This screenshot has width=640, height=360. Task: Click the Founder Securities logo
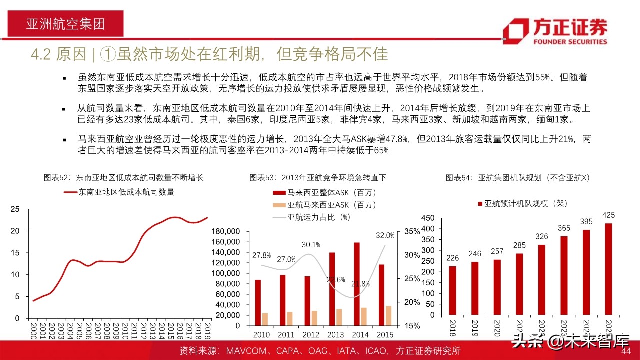pyautogui.click(x=555, y=31)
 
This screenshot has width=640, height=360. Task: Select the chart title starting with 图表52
pyautogui.click(x=124, y=177)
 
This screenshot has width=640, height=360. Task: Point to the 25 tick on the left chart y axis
pyautogui.click(x=15, y=209)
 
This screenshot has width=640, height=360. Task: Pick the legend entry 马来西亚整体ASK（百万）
pyautogui.click(x=324, y=192)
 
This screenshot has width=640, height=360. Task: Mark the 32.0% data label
pyautogui.click(x=385, y=235)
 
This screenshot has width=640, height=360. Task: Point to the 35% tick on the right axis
pyautogui.click(x=412, y=231)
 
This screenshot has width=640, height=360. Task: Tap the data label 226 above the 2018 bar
pyautogui.click(x=452, y=258)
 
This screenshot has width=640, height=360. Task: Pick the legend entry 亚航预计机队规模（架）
pyautogui.click(x=523, y=203)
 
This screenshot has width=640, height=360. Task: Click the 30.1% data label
pyautogui.click(x=310, y=245)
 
